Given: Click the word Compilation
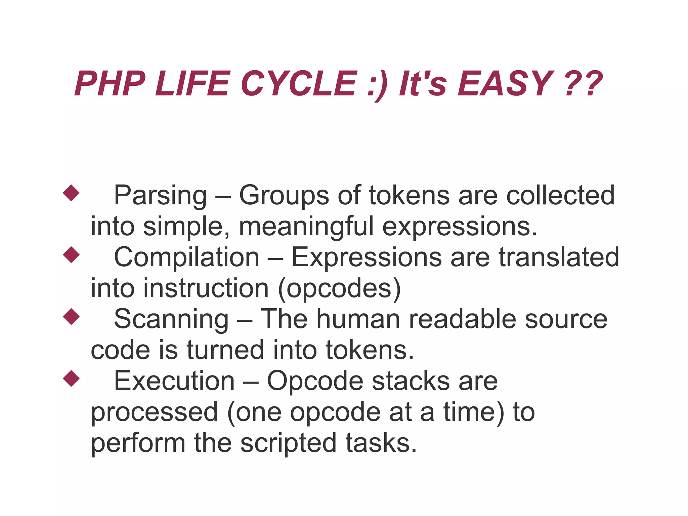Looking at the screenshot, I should (x=186, y=257).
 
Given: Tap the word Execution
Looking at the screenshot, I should (x=174, y=381).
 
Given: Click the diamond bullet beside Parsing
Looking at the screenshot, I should (x=71, y=193).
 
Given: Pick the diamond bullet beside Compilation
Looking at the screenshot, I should (x=71, y=255).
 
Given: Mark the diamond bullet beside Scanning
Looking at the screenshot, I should (x=71, y=317).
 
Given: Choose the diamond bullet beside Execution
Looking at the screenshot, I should (x=71, y=379).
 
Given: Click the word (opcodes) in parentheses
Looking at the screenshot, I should (x=340, y=288).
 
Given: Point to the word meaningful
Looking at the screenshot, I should (x=306, y=226).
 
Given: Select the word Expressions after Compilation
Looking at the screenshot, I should (x=367, y=257).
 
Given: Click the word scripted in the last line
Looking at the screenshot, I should (x=288, y=443).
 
